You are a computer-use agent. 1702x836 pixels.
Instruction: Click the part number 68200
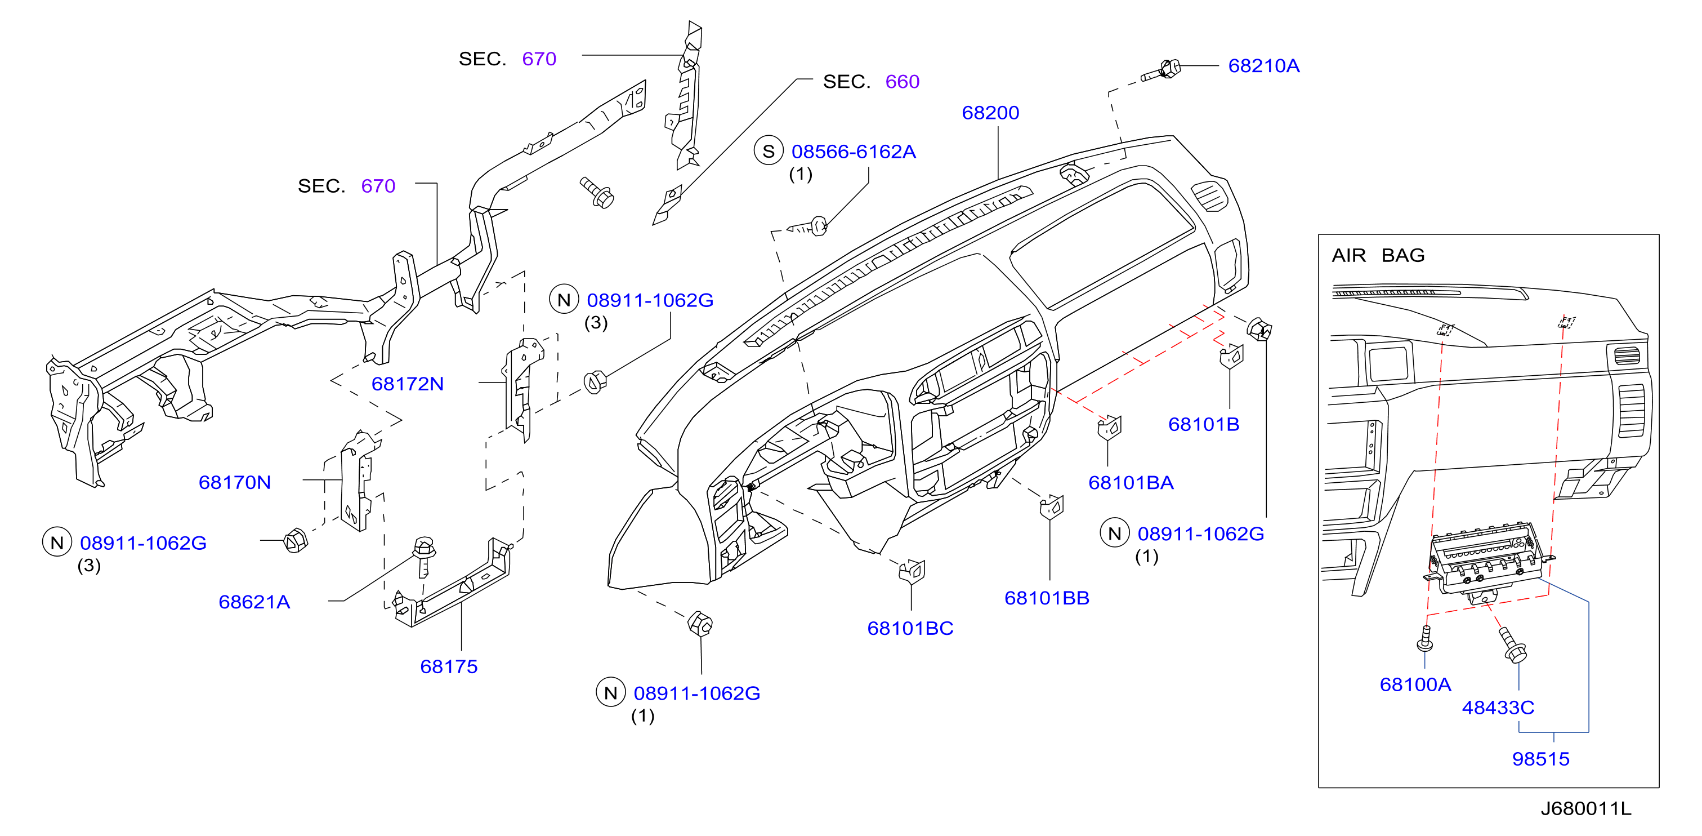pos(990,113)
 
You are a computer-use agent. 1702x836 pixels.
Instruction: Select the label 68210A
pos(1263,66)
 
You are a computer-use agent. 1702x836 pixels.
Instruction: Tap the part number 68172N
pos(407,384)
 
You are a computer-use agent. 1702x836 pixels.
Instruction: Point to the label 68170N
pos(235,482)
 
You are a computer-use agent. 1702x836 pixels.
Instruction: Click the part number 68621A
pos(254,602)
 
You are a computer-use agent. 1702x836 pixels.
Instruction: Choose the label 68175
pos(449,667)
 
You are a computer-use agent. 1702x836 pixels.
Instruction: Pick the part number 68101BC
pos(910,629)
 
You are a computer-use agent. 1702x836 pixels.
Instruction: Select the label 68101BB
pos(1047,598)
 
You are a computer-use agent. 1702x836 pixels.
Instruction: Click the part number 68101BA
pos(1131,482)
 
